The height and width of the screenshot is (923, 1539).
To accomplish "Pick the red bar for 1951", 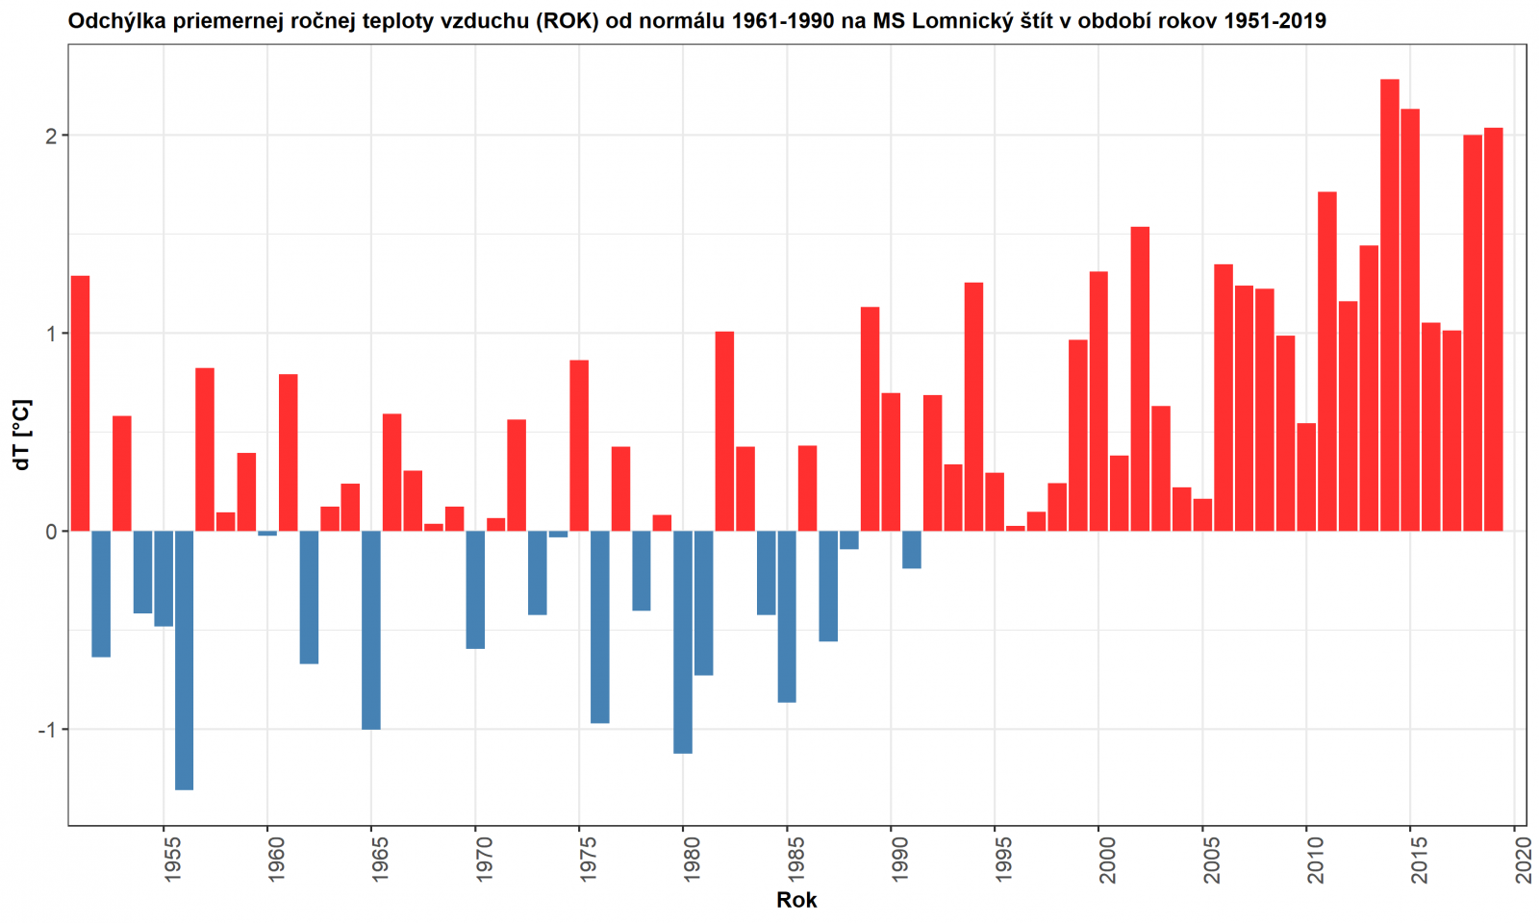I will (80, 403).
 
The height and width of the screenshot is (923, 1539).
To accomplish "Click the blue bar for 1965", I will (371, 630).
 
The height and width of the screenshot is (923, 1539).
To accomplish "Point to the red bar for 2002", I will (1140, 379).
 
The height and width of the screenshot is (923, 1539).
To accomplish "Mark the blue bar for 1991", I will (912, 549).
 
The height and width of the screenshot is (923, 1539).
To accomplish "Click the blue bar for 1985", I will (787, 616).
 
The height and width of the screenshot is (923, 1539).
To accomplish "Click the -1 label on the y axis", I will (47, 730).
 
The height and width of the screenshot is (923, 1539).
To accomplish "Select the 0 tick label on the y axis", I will (51, 532).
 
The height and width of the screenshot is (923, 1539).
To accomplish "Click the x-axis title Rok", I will (796, 901).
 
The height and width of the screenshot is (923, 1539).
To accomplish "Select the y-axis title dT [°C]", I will (21, 435).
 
